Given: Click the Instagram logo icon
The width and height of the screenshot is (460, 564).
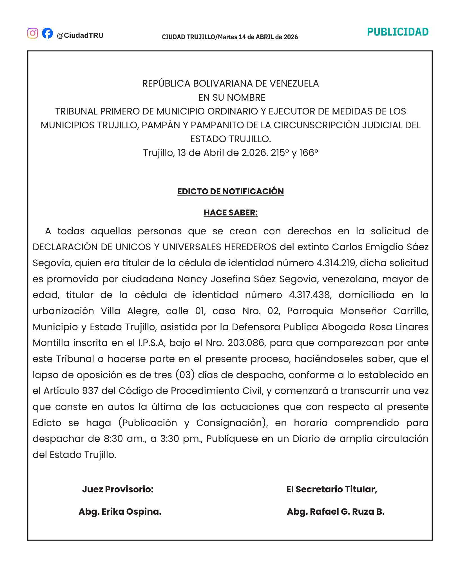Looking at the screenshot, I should point(33,33).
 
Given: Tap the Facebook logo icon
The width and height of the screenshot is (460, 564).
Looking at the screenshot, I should point(47,33).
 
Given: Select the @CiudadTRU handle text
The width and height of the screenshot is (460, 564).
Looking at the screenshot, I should point(80,35).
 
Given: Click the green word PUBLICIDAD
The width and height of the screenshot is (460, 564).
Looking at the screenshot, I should point(398,32).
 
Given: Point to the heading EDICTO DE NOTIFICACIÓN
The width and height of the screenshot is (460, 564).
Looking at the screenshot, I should point(230,191).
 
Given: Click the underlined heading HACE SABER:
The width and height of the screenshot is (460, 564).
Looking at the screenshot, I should point(230,212).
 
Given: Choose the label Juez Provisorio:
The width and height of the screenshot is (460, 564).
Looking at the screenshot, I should point(118,489).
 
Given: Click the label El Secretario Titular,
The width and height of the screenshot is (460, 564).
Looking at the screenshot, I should point(332,489).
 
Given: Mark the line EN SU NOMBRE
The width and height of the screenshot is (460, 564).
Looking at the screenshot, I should point(231,97).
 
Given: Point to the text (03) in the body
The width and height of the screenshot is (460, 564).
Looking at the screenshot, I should point(185,375).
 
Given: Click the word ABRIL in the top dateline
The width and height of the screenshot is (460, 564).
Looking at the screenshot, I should point(265,37).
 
